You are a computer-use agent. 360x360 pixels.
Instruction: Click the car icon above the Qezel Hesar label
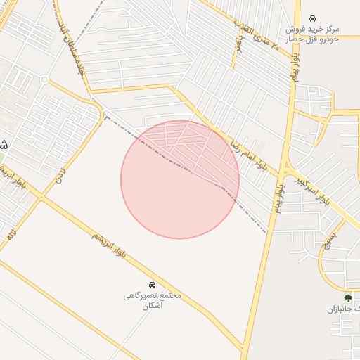(x=312, y=18)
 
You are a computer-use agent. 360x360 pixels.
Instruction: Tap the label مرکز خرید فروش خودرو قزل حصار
(x=313, y=34)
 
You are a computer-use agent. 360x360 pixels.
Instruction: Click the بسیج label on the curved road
(x=329, y=241)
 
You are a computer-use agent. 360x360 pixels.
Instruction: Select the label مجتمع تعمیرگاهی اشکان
(x=152, y=301)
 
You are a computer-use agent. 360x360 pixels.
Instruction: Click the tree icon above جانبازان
(x=348, y=297)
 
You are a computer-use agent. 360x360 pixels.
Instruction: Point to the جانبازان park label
(x=349, y=309)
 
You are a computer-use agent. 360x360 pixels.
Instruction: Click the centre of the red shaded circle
(x=180, y=179)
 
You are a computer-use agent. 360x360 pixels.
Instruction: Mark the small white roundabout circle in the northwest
(x=44, y=80)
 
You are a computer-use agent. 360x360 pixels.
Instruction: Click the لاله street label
(x=11, y=234)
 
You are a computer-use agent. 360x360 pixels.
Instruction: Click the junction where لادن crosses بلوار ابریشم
(x=41, y=198)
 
